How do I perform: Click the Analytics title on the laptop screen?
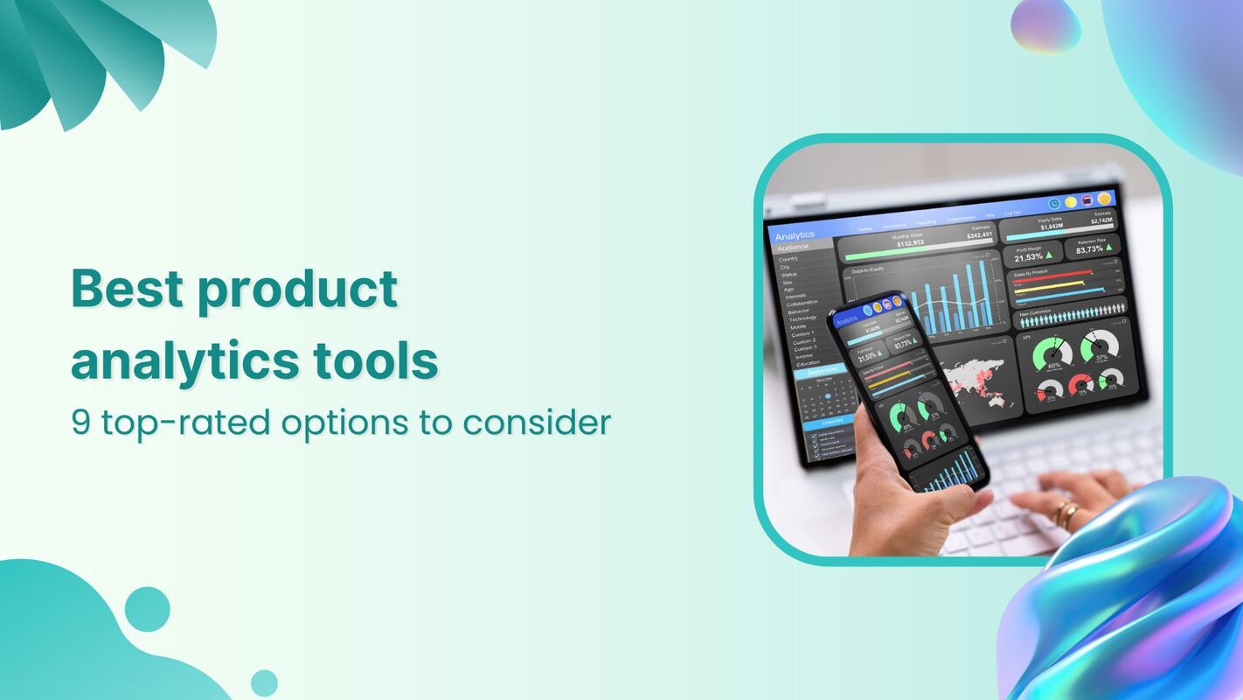(x=795, y=234)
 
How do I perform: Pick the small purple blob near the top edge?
(x=1045, y=24)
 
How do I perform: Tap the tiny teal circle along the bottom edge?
(x=264, y=682)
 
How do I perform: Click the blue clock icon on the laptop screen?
(x=1054, y=202)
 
